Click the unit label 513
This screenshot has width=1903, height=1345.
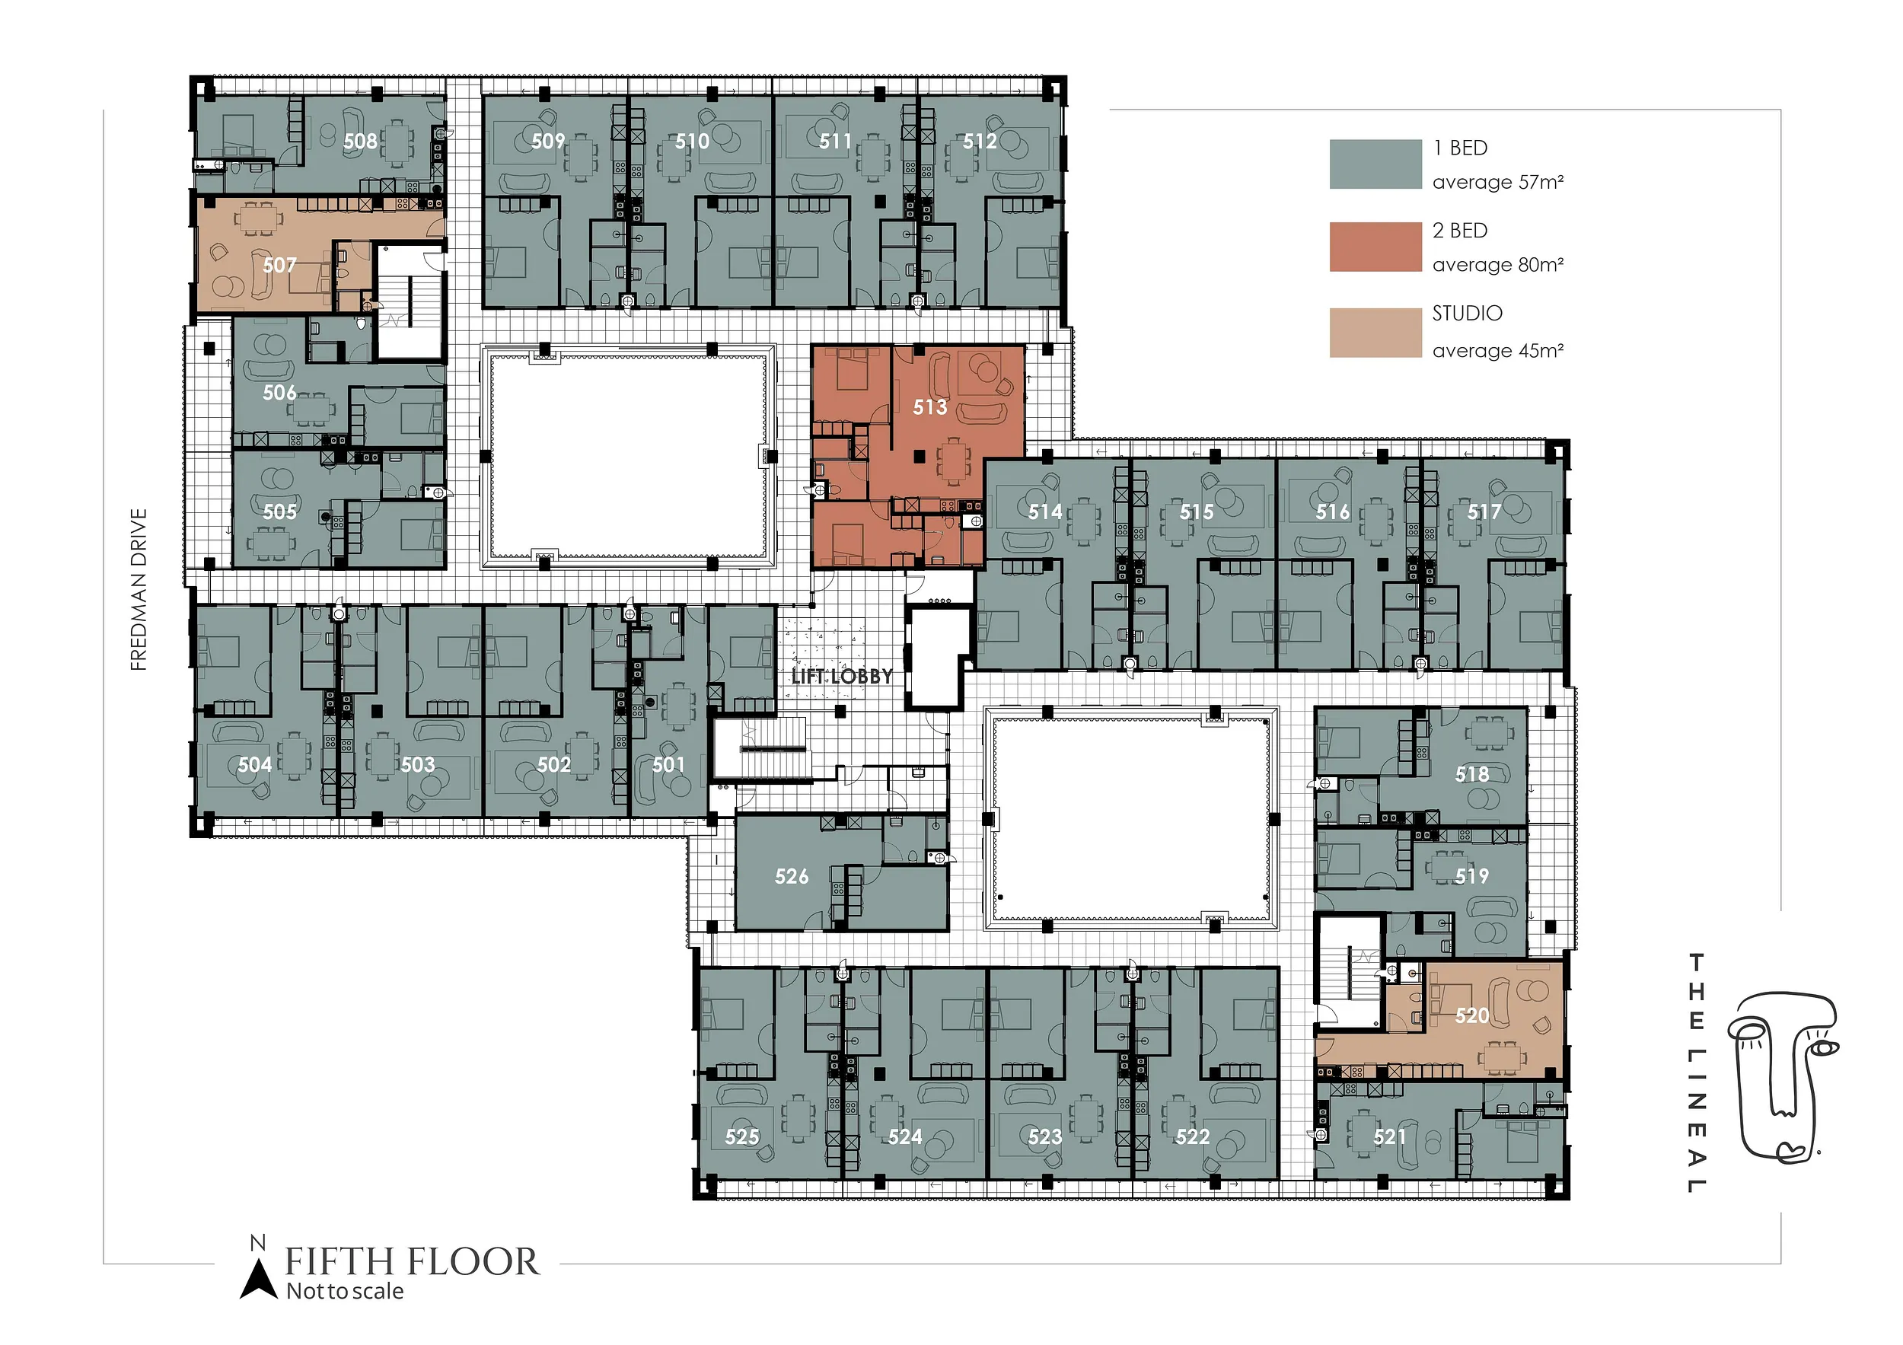click(x=930, y=407)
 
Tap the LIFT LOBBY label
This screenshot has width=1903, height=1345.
click(x=842, y=676)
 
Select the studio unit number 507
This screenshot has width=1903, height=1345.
click(x=279, y=265)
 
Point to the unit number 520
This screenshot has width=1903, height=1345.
click(x=1472, y=1015)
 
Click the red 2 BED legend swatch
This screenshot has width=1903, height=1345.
click(x=1375, y=247)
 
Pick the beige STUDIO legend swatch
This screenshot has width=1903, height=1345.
click(x=1375, y=333)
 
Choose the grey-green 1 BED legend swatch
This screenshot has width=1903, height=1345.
click(x=1375, y=164)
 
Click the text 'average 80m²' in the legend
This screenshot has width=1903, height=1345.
click(x=1498, y=265)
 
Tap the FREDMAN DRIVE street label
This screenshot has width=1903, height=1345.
click(x=139, y=589)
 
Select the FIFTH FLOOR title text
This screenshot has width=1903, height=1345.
click(x=412, y=1262)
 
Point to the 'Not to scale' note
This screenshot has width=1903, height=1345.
click(x=345, y=1292)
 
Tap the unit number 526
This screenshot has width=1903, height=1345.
click(x=792, y=876)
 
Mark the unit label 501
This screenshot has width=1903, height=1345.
click(x=668, y=765)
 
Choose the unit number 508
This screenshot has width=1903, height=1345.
click(x=361, y=142)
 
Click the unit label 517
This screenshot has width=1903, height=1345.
click(x=1484, y=512)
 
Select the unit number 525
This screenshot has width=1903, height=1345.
click(x=742, y=1137)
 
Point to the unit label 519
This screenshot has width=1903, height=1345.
click(x=1472, y=876)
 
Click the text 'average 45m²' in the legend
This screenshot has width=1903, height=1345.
click(x=1498, y=352)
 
